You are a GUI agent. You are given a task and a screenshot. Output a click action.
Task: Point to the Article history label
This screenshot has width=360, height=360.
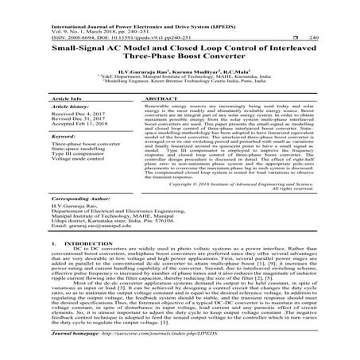[x=68, y=107]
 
